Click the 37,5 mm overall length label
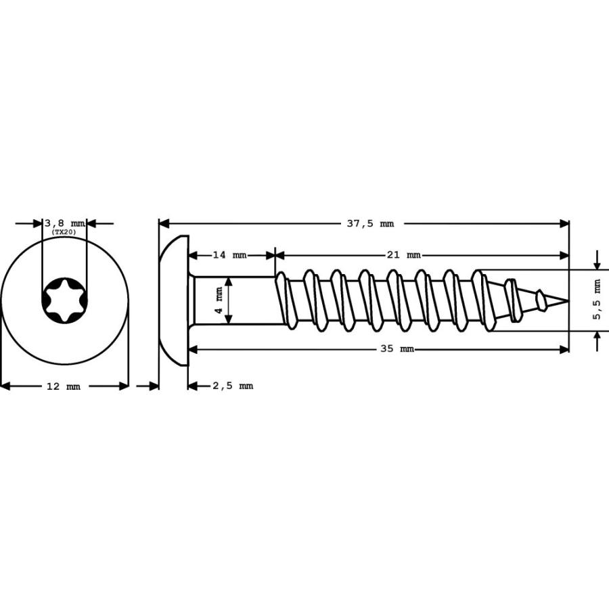[370, 223]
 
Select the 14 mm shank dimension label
[229, 255]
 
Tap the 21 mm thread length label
[403, 255]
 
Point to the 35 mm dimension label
[397, 348]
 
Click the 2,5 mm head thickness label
[233, 386]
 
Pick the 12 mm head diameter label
[64, 386]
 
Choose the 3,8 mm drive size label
[65, 223]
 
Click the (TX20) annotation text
[64, 232]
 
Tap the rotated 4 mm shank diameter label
[219, 300]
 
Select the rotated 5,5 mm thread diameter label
[597, 300]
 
